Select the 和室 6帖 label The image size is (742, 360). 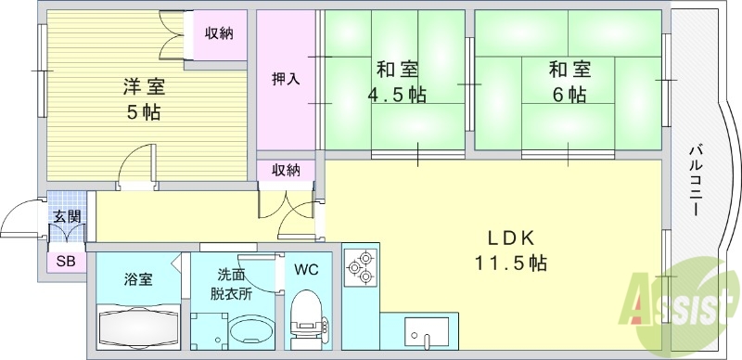coord(567,82)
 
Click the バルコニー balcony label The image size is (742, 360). coord(695,180)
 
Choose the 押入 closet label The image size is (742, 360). coord(286,78)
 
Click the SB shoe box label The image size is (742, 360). coord(66,262)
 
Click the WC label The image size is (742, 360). coord(305,270)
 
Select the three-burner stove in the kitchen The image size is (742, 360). coord(360,267)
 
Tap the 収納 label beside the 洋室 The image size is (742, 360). coord(219,33)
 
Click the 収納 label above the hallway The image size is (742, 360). coord(286,170)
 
